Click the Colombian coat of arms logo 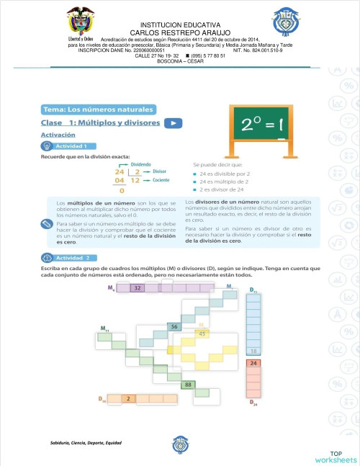80,22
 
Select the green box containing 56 174,326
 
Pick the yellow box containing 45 202,333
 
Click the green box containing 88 187,385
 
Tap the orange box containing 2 128,398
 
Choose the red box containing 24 253,364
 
